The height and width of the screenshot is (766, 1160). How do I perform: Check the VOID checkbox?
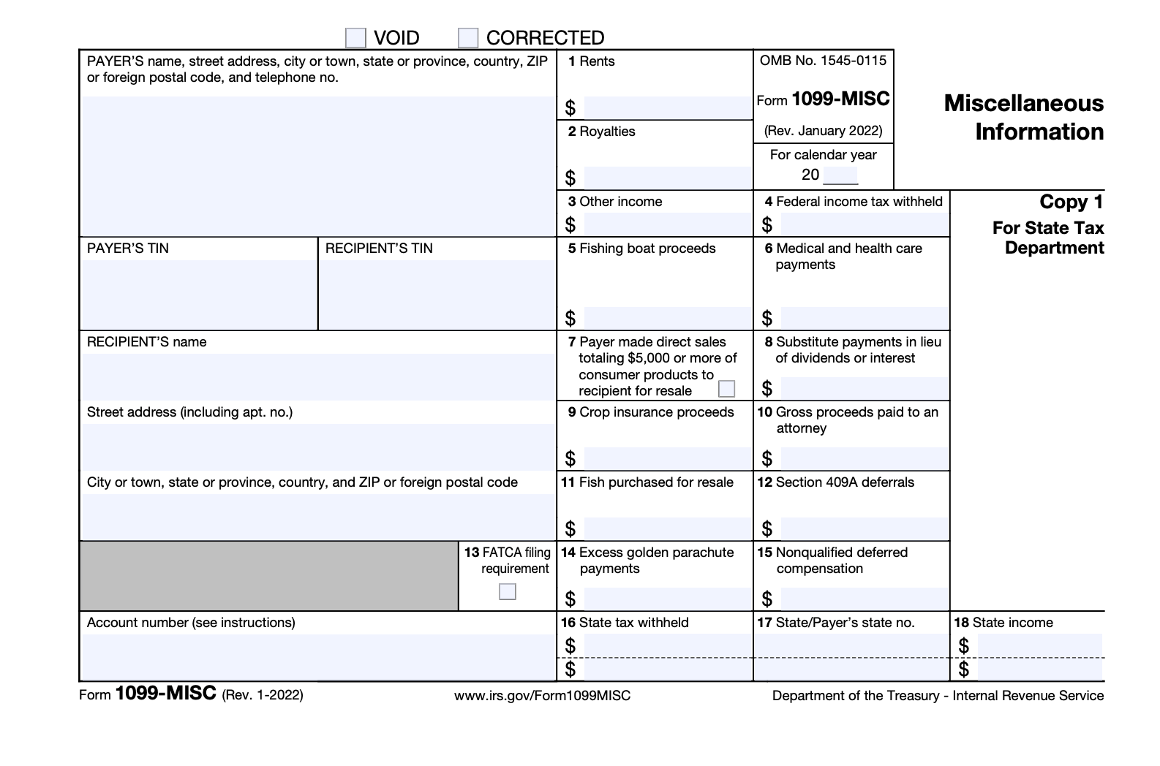pos(355,38)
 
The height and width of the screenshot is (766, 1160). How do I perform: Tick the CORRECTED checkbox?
pos(468,38)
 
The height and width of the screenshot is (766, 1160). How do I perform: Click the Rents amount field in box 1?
pos(666,108)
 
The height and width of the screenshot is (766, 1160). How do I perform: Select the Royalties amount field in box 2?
pos(666,178)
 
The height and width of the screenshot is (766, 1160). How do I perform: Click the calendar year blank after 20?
pos(840,175)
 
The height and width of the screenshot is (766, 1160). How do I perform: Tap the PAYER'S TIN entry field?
pos(199,294)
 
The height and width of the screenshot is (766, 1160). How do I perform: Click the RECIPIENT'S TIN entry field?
pos(437,294)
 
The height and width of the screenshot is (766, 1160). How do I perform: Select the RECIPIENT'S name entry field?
pos(317,376)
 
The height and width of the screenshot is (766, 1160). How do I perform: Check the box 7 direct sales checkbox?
pos(726,389)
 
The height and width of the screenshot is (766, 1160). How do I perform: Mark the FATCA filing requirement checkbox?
pos(507,591)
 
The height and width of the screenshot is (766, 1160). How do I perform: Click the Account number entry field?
pos(317,656)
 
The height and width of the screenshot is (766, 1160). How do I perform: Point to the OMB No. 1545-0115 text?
pos(823,61)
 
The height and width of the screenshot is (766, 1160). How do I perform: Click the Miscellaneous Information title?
pos(1024,118)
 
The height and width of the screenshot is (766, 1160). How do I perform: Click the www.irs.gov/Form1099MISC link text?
pos(542,696)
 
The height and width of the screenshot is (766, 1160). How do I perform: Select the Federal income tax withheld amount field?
pos(864,224)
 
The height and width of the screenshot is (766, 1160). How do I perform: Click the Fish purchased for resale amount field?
pos(666,528)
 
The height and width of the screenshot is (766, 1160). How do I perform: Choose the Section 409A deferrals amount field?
pos(864,528)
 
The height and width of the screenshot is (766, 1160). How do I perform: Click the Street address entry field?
pos(317,446)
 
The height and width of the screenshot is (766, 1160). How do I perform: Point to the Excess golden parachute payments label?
pos(655,561)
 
